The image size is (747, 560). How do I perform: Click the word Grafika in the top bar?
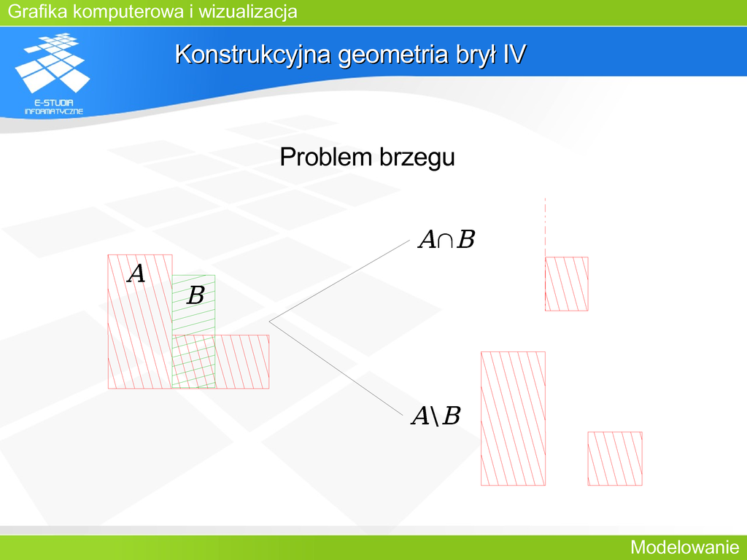coord(38,11)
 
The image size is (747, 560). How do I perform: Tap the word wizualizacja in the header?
coord(248,11)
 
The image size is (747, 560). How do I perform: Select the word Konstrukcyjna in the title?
coord(253,54)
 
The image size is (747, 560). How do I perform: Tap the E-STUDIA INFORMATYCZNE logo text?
coord(54,107)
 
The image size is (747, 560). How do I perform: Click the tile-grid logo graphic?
coord(53,63)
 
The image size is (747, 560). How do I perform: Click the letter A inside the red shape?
coord(136,274)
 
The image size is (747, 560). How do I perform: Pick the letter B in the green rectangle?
coord(196,295)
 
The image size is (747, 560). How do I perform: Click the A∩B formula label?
coord(446,239)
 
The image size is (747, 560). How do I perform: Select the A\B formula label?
coord(436,416)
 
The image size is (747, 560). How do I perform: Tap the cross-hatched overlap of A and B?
coord(193,362)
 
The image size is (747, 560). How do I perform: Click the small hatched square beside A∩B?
coord(566,284)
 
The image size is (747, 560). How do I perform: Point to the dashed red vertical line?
coord(546,227)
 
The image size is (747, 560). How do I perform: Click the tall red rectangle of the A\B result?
coord(513,419)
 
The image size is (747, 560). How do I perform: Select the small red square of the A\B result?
coord(615,459)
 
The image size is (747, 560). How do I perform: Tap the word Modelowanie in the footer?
coord(684,547)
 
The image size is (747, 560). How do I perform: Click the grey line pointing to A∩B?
coord(339,281)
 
